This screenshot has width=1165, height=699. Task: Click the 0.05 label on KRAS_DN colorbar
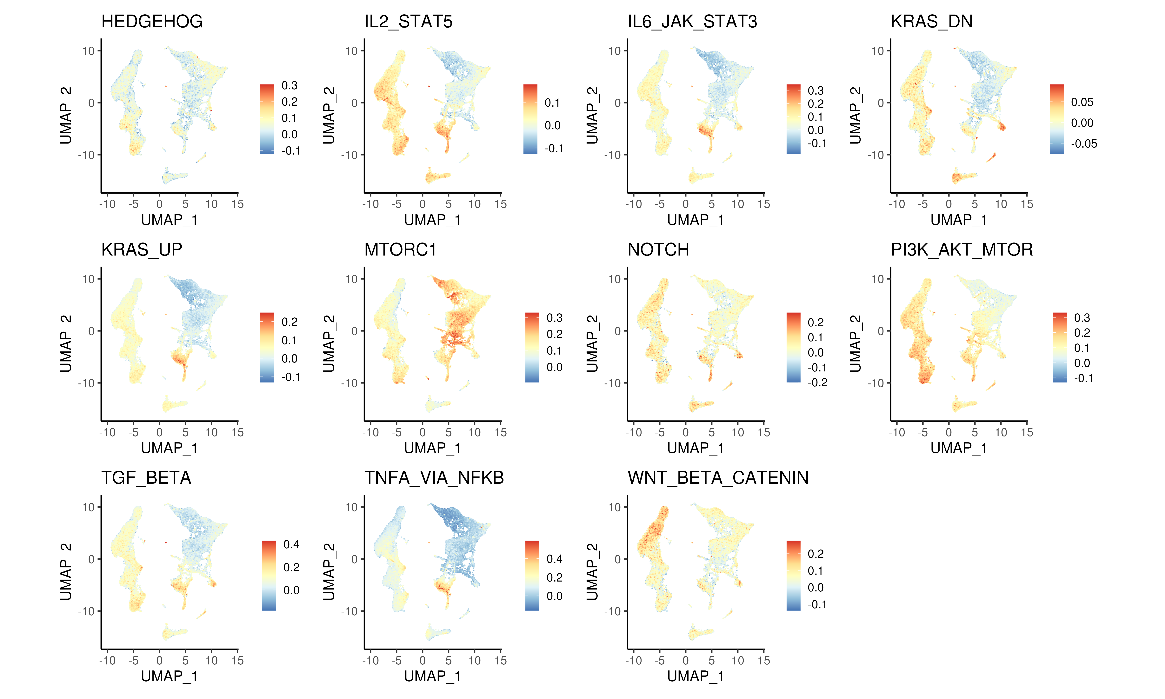[1082, 102]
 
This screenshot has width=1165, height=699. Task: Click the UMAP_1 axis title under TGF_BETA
[169, 676]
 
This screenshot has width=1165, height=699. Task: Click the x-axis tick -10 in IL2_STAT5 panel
[371, 204]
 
